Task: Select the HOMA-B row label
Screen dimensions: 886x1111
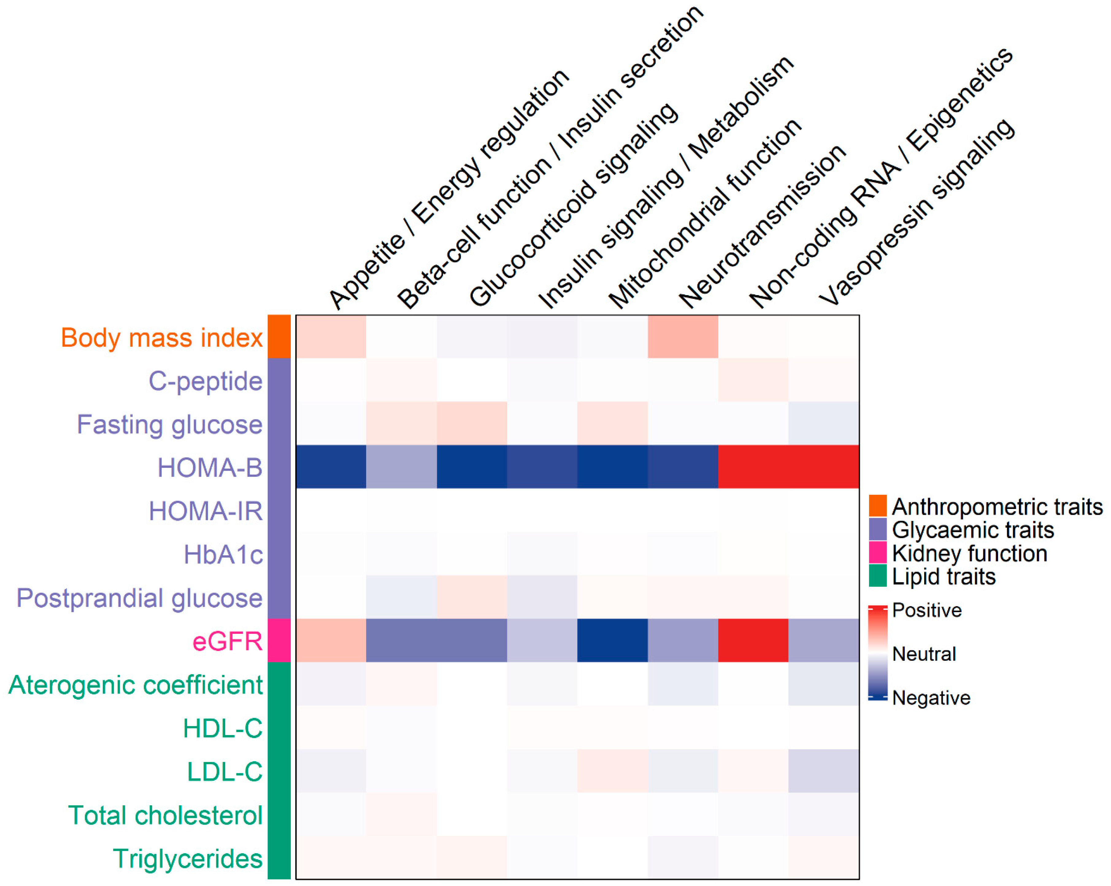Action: click(210, 468)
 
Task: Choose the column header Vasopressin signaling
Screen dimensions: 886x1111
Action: click(917, 211)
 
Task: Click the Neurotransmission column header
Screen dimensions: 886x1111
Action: click(763, 227)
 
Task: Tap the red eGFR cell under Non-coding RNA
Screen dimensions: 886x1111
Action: click(753, 640)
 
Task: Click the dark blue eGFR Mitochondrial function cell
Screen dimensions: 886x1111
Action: click(612, 640)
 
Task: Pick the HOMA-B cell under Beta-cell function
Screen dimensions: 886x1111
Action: click(402, 466)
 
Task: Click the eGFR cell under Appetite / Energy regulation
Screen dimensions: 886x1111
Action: click(331, 640)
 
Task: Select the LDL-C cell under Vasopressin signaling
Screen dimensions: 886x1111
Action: click(824, 771)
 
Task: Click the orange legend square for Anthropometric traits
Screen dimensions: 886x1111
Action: click(878, 506)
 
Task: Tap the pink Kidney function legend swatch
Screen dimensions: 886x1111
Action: click(878, 552)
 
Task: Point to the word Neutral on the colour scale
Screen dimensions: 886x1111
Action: click(924, 654)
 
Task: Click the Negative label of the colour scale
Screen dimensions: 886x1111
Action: click(931, 698)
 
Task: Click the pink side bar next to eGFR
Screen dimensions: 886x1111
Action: click(279, 640)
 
